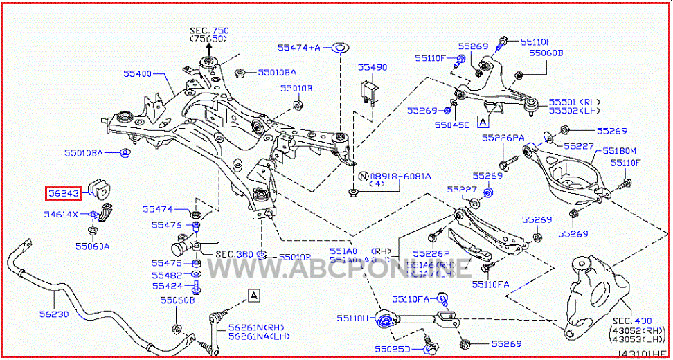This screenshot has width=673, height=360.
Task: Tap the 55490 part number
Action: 372,68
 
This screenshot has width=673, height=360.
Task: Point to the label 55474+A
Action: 299,48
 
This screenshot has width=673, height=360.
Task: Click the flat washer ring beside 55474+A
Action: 341,48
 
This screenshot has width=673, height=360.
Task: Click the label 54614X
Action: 62,215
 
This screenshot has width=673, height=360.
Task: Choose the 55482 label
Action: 167,275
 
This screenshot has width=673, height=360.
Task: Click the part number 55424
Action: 167,286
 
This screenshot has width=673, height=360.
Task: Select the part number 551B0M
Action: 618,150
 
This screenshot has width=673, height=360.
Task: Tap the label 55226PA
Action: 503,138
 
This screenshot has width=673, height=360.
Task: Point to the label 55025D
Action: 391,348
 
